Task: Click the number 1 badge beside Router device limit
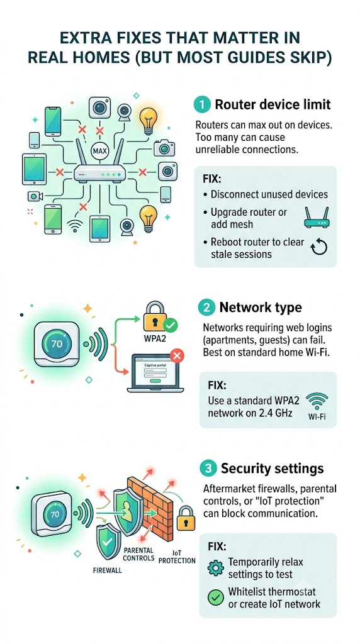pos(202,104)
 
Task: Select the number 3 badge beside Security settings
pos(208,468)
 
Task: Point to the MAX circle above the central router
pos(100,151)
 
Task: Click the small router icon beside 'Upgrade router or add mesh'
pos(317,218)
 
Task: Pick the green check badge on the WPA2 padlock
pos(170,326)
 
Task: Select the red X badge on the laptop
pos(177,356)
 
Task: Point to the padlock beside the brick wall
pos(186,518)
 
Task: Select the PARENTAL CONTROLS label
pos(138,554)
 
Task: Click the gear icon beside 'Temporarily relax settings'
pos(216,568)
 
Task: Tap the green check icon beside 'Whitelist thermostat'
pos(216,598)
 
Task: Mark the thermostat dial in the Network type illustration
pos(57,343)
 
